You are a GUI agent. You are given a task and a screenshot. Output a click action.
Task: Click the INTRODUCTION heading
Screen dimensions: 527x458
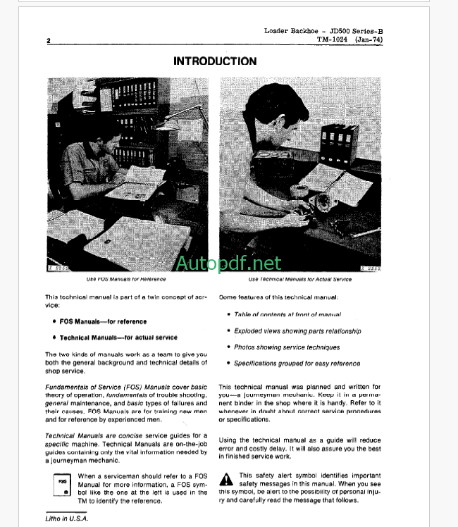[215, 61]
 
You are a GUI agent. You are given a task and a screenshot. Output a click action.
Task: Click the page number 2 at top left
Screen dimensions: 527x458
[49, 41]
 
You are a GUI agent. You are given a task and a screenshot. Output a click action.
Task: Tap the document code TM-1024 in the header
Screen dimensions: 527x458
[333, 40]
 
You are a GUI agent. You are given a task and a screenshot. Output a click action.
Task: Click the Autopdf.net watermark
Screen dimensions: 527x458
[228, 263]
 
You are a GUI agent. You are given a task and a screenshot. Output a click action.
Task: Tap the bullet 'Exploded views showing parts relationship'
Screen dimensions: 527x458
[297, 330]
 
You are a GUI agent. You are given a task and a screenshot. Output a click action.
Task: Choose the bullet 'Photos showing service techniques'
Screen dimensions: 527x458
[287, 347]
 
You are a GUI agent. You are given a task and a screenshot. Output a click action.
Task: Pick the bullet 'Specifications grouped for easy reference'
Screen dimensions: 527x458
[297, 364]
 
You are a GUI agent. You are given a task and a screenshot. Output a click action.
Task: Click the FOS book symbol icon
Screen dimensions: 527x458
[63, 485]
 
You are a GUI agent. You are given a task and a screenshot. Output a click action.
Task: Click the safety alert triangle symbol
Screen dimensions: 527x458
[225, 480]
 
